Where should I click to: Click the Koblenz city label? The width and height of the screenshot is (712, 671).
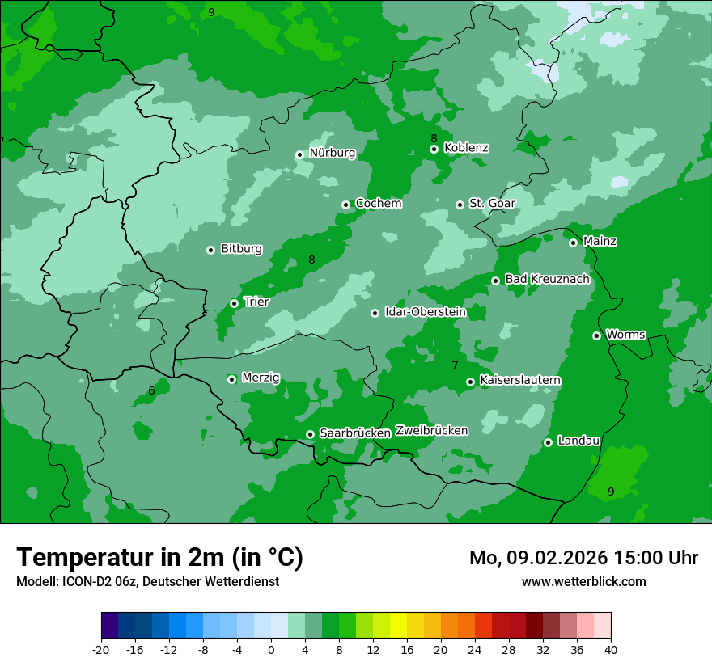(x=466, y=148)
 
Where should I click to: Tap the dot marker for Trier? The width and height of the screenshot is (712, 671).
(x=234, y=303)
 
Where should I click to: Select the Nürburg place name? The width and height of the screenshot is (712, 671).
(x=332, y=153)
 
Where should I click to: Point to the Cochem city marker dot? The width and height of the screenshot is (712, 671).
(x=345, y=205)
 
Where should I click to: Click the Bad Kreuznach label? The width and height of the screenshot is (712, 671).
(x=547, y=279)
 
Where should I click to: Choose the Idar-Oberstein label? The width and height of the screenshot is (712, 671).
(x=425, y=311)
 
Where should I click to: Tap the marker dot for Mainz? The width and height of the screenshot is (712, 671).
(x=573, y=243)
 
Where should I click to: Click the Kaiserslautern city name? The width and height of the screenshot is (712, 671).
(x=520, y=380)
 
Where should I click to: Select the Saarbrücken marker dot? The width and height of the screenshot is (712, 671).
(x=310, y=434)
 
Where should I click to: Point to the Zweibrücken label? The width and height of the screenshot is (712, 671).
(x=431, y=430)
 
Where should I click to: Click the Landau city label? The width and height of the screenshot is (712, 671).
(x=578, y=441)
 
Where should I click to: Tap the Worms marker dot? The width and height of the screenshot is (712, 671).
(x=596, y=335)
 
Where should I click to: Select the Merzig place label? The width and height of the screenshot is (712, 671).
(x=261, y=378)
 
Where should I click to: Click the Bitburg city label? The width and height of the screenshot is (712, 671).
(x=241, y=249)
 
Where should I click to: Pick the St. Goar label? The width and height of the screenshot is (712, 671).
(x=492, y=203)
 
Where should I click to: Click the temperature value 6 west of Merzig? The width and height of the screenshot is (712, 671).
(x=151, y=391)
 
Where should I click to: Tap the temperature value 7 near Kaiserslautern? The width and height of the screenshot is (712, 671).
(x=455, y=366)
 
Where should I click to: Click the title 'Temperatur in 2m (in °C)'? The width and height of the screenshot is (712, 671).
(x=159, y=558)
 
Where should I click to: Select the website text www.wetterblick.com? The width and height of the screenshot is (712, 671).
(x=583, y=582)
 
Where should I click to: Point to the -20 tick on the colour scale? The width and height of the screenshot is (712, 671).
(x=101, y=650)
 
